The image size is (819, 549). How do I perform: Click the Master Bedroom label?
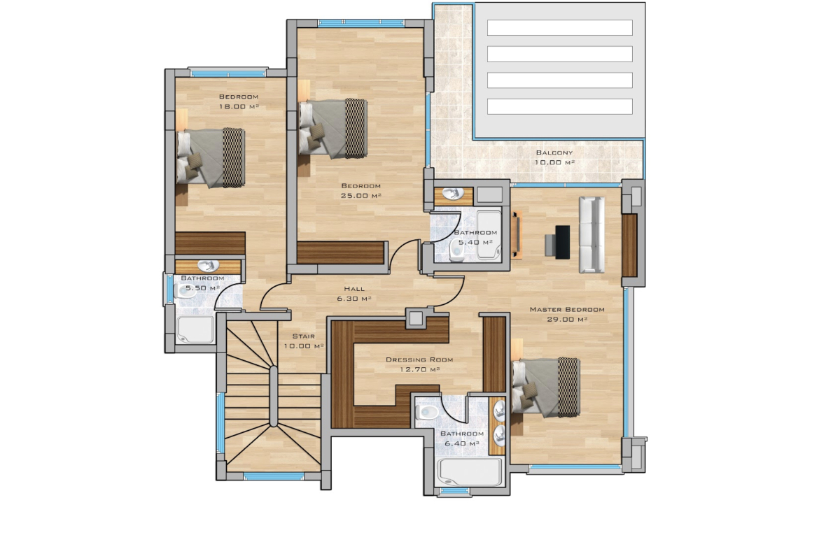(567, 309)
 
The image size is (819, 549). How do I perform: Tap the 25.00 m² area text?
(361, 196)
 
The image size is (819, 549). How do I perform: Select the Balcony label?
(554, 152)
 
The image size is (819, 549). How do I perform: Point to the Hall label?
(354, 289)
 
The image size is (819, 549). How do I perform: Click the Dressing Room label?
(419, 359)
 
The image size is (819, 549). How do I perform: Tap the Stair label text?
(304, 336)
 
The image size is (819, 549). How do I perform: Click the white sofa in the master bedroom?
(591, 235)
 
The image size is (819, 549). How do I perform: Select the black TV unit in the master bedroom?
(562, 242)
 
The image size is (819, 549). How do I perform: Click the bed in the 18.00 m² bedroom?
(211, 158)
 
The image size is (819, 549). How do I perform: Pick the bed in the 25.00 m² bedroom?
(332, 129)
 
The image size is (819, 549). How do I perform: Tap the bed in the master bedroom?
(546, 387)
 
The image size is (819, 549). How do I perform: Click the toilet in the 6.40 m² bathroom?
(427, 412)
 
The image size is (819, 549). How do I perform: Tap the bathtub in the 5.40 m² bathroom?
(489, 234)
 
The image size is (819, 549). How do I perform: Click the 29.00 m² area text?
(567, 320)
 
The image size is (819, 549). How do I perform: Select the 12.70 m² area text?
(419, 369)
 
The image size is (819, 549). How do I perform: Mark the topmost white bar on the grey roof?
(560, 28)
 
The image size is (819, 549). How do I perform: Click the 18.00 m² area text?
(239, 106)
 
